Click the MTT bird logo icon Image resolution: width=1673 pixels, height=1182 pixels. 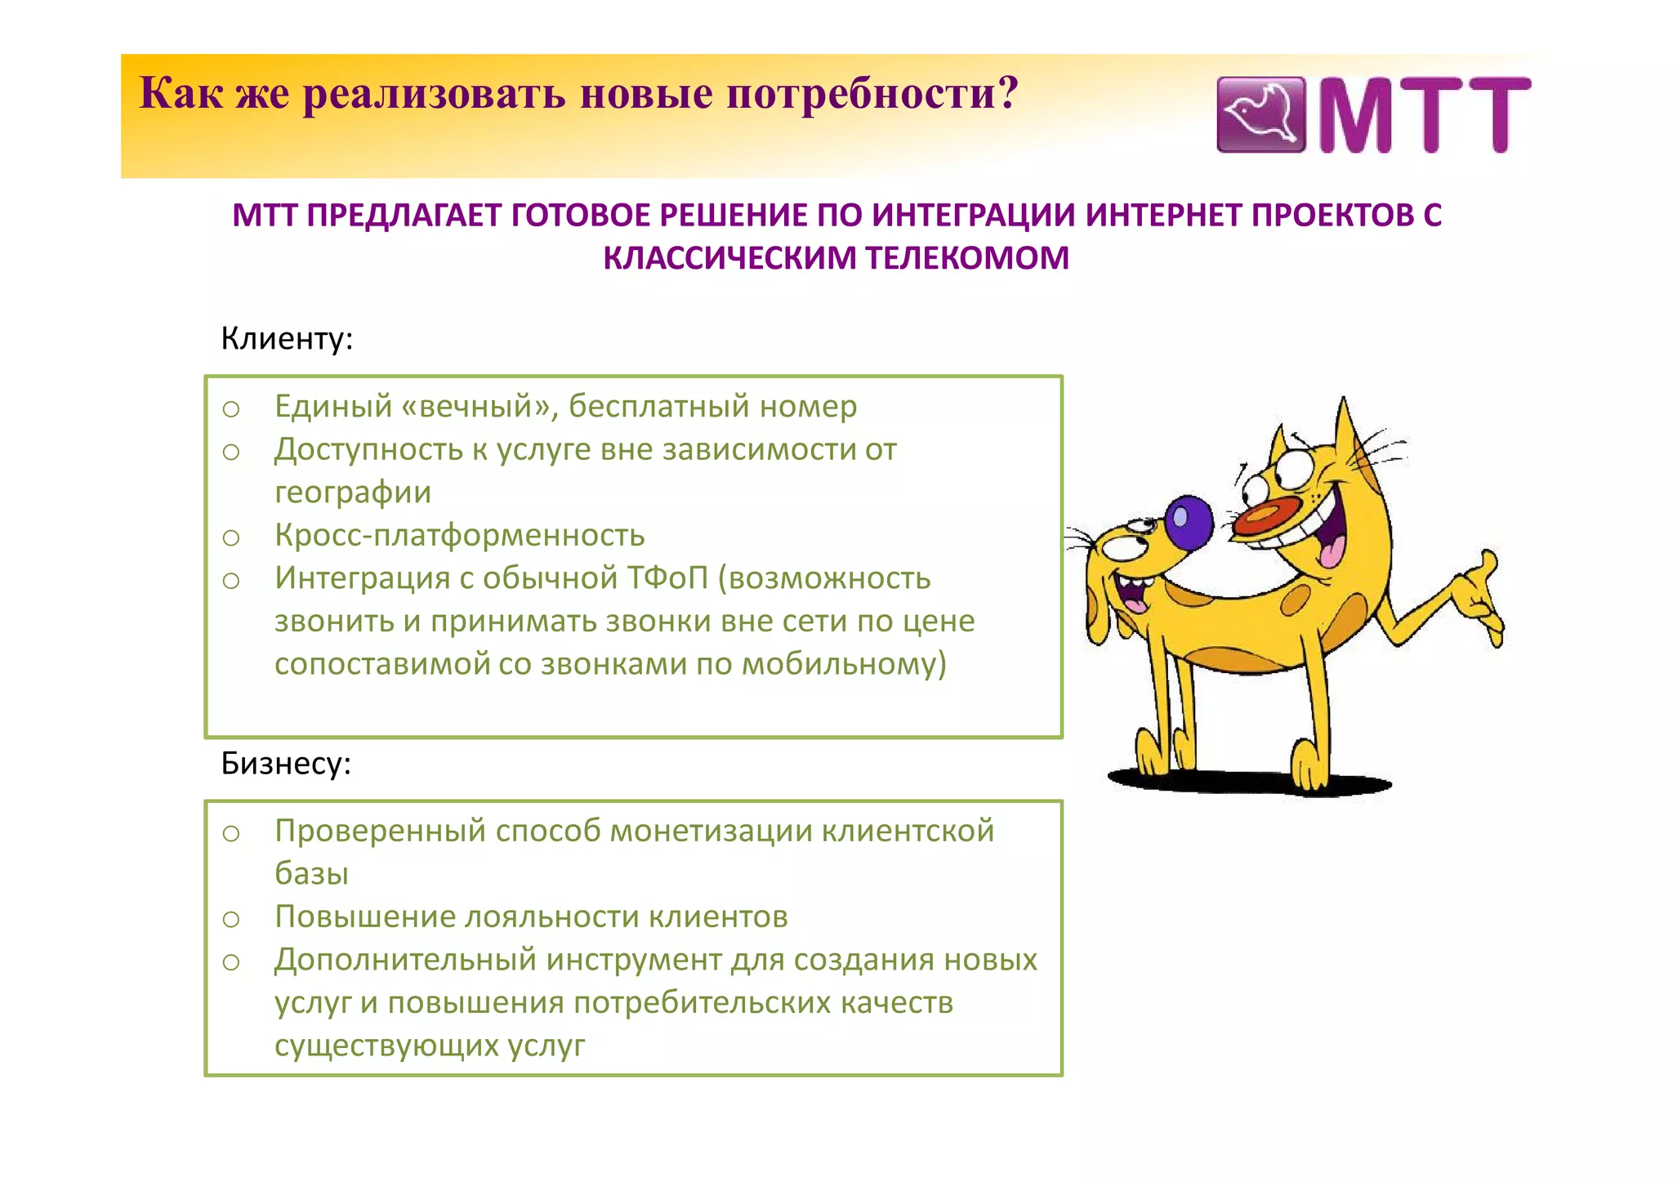1260,114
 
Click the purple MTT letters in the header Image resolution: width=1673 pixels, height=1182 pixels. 1425,114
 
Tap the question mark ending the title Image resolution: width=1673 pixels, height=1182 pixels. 1008,92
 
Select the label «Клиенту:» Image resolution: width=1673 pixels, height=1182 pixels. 287,338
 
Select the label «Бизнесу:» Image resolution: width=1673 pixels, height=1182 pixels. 286,763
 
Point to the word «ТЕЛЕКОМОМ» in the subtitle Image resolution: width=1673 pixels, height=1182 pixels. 966,258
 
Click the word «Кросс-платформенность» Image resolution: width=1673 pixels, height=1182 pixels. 459,535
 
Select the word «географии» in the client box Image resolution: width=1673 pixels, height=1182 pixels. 352,493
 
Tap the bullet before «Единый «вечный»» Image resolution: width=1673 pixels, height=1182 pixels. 231,408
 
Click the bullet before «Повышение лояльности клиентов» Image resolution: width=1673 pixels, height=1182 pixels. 231,919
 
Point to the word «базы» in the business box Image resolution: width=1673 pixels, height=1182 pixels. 311,874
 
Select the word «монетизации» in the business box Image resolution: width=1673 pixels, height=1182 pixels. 711,831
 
